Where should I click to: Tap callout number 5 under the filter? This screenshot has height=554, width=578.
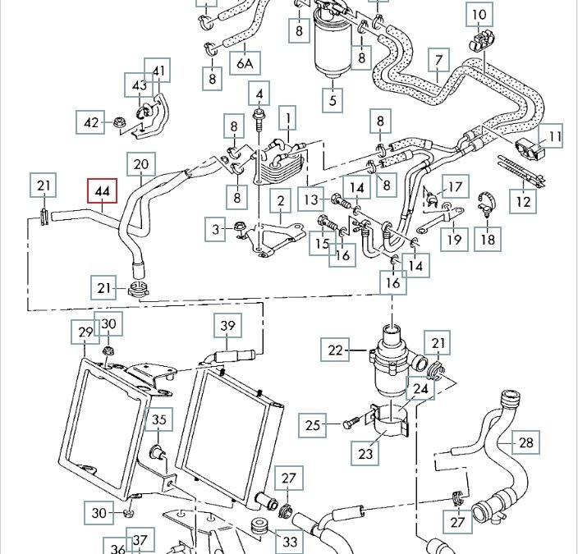point(333,102)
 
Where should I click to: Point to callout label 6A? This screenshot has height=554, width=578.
point(245,63)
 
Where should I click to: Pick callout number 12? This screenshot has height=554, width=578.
point(523,201)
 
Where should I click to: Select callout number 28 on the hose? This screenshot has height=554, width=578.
point(526,443)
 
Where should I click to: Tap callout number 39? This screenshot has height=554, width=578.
point(227,326)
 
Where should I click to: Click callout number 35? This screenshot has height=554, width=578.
point(159,420)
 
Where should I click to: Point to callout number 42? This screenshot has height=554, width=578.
point(91,124)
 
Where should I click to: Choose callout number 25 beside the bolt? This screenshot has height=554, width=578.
point(313,425)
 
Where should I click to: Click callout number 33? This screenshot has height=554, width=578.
point(289,542)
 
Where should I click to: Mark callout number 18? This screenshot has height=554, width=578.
point(489,239)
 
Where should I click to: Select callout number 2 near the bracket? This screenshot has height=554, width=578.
point(281,201)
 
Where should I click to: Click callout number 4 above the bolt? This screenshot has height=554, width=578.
point(259,93)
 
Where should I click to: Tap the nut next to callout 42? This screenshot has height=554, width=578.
point(117,124)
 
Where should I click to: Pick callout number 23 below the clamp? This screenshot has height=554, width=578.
point(365,452)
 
